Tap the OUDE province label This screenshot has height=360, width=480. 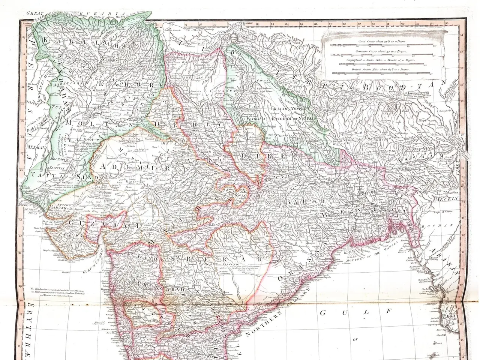click(x=262, y=155)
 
